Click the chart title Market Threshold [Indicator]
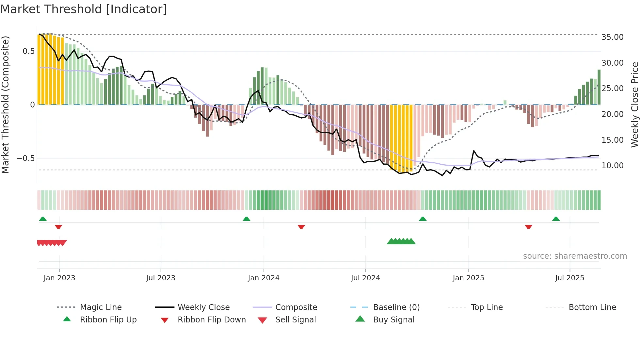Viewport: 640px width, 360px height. tap(84, 9)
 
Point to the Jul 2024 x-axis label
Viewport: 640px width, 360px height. tap(365, 278)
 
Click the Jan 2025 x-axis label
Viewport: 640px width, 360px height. tap(468, 278)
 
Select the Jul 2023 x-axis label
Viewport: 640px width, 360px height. tap(161, 278)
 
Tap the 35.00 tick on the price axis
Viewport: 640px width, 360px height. tap(612, 37)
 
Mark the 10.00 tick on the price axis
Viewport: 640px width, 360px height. tap(612, 166)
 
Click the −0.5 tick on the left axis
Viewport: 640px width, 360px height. tap(25, 158)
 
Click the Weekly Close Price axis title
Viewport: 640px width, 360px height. tap(634, 105)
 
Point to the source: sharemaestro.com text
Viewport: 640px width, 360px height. tap(575, 256)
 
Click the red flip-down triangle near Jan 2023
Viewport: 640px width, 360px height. tap(58, 227)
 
